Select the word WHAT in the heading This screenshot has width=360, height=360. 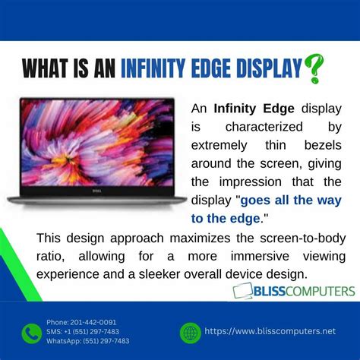[x=49, y=70]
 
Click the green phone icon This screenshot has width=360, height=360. [x=31, y=333]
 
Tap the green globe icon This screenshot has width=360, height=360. [x=190, y=332]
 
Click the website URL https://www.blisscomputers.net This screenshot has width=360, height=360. [x=270, y=332]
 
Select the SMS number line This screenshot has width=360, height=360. [x=82, y=331]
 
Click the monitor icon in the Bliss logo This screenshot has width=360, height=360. [x=243, y=292]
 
